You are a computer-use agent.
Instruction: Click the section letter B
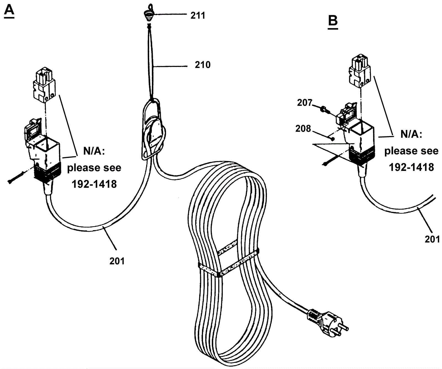[333, 21]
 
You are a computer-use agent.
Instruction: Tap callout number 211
[198, 15]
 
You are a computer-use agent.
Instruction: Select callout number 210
[202, 65]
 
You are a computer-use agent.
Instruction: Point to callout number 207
[304, 103]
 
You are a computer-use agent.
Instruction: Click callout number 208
[303, 129]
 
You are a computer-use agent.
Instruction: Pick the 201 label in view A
[117, 261]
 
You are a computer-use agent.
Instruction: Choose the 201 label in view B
[432, 239]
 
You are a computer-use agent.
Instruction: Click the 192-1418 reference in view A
[94, 184]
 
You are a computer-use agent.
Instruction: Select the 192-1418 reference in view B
[411, 167]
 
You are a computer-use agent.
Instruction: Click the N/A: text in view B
[411, 135]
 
